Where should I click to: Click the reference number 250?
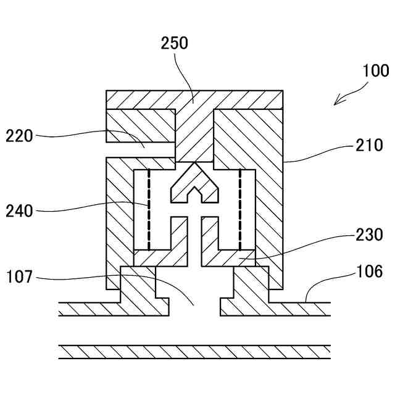175,43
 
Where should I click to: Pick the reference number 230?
370,235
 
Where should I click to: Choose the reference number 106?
370,271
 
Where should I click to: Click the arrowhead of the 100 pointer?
336,102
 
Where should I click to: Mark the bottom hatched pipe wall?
194,352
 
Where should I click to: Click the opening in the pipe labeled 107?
194,296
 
